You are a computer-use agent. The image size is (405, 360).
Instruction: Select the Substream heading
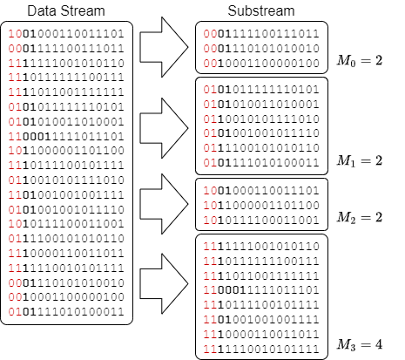point(261,11)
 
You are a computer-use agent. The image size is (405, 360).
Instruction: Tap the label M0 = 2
point(360,61)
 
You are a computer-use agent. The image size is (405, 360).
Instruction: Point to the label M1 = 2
point(360,160)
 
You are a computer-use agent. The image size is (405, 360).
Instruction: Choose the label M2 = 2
point(360,217)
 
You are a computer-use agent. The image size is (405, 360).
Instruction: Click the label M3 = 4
point(360,345)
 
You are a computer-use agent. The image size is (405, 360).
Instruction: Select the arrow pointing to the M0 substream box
point(164,47)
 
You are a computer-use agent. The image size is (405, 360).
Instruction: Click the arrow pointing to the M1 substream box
point(164,128)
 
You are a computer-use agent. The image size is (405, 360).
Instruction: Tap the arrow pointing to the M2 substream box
point(164,204)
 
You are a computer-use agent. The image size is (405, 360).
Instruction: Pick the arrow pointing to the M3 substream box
point(164,283)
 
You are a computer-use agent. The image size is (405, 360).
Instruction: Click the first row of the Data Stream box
point(66,34)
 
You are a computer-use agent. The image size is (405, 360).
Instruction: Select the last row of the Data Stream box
point(66,312)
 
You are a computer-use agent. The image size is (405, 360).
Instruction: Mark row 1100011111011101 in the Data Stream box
point(66,136)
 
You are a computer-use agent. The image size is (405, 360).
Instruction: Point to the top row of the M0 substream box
point(261,34)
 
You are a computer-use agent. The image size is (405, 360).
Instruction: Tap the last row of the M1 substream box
point(261,162)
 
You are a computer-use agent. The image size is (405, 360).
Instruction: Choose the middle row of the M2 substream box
point(261,206)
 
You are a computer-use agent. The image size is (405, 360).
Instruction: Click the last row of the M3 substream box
point(261,349)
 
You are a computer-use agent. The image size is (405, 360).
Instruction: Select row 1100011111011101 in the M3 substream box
point(261,290)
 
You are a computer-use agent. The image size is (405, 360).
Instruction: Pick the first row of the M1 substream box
point(261,90)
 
